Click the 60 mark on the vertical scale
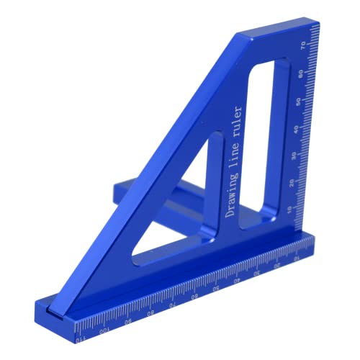point(307,74)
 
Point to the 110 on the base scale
point(80,336)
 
